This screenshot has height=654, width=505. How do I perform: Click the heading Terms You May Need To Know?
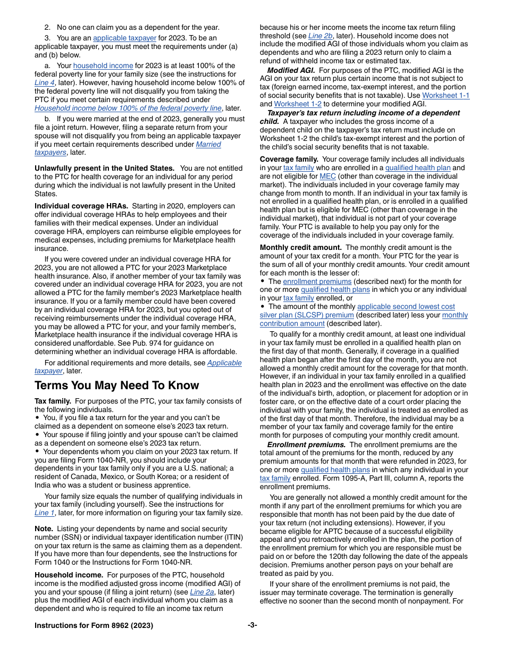(116, 385)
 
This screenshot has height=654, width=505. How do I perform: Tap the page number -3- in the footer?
(252, 625)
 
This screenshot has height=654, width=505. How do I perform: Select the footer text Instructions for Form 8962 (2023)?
(94, 625)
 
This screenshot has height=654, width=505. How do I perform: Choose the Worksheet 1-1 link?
(445, 95)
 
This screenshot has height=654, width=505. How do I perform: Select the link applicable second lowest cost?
(406, 306)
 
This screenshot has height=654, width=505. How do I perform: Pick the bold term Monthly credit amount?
(300, 247)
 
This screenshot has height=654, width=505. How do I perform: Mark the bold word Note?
(44, 529)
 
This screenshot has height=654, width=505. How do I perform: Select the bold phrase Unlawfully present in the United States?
(104, 168)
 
